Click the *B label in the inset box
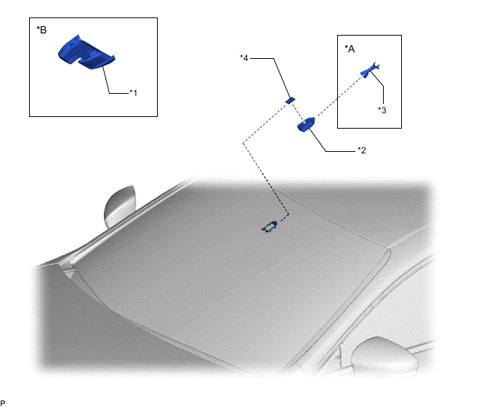point(41,30)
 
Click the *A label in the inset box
point(350,49)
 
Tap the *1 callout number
point(133,93)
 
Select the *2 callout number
point(362,150)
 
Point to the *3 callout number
point(382,110)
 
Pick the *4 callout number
point(244,58)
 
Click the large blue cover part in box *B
point(86,52)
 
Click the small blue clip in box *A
point(370,70)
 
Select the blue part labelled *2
point(306,124)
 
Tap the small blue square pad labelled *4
point(290,100)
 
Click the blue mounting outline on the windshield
point(270,227)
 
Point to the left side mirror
point(120,206)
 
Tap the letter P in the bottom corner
point(3,403)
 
